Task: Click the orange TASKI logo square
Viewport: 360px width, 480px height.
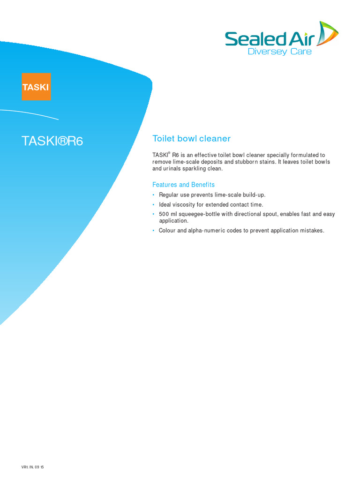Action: pyautogui.click(x=36, y=87)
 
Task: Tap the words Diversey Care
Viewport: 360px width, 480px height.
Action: pyautogui.click(x=279, y=52)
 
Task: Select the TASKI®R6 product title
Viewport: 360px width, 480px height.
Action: pyautogui.click(x=52, y=141)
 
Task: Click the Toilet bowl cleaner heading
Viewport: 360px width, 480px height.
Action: pyautogui.click(x=191, y=139)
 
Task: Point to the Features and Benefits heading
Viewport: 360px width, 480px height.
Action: pyautogui.click(x=183, y=185)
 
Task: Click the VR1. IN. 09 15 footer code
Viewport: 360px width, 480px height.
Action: pyautogui.click(x=36, y=467)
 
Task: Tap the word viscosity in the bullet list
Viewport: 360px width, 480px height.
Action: pyautogui.click(x=184, y=204)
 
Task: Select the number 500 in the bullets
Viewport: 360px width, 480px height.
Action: pyautogui.click(x=164, y=214)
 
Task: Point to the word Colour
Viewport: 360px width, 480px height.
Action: pyautogui.click(x=167, y=231)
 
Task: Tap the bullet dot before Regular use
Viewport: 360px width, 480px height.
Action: pyautogui.click(x=153, y=195)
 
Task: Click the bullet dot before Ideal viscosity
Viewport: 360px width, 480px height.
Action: pyautogui.click(x=153, y=205)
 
